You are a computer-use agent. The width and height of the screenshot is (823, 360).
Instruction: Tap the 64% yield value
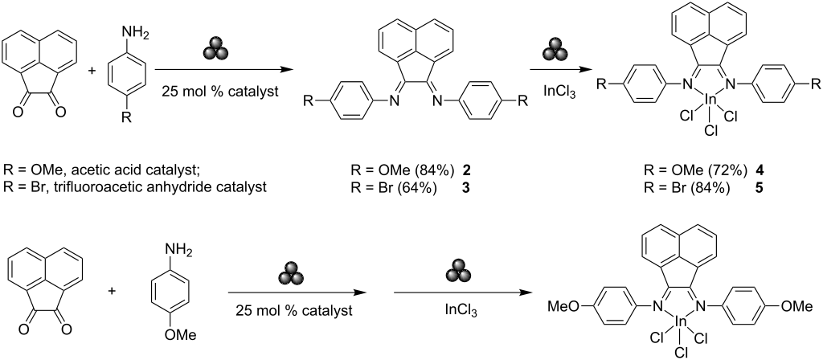coord(422,190)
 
